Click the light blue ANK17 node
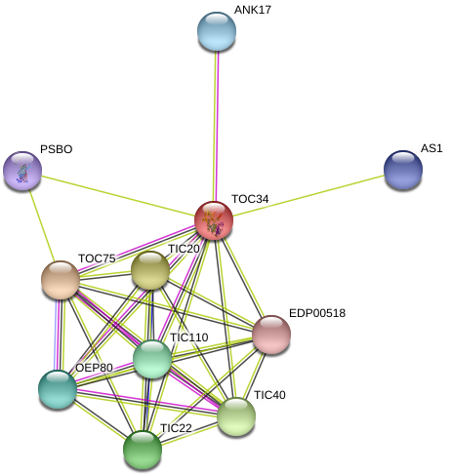pos(217,31)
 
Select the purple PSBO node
pos(22,171)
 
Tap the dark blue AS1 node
pos(403,170)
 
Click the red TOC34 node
pos(214,220)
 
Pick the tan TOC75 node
pos(61,280)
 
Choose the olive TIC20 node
pos(150,270)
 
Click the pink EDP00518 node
pos(271,335)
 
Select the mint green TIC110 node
pos(152,359)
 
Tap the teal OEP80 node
pos(58,389)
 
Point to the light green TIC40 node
pos(236,416)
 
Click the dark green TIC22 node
pos(143,450)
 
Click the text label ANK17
pos(253,10)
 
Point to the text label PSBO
pos(57,149)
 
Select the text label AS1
pos(431,148)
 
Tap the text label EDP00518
pos(317,313)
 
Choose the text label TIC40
pos(269,395)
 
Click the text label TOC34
pos(250,199)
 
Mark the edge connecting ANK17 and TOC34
pos(216,126)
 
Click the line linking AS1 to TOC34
pos(308,195)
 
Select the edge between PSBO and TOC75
pos(41,225)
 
